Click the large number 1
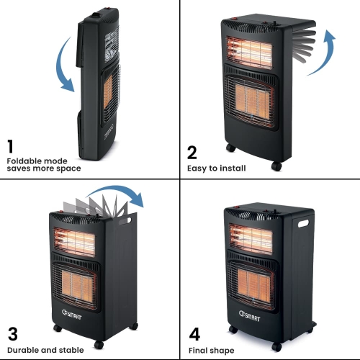pos(10,146)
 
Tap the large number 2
pos(192,153)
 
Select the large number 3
pos(13,334)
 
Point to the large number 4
pos(194,334)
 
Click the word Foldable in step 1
pos(21,161)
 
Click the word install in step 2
pos(233,168)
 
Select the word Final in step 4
pos(196,351)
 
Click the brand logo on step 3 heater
pos(71,315)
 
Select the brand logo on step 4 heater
pos(249,316)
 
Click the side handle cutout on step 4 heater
pos(303,223)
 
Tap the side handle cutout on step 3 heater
pos(125,221)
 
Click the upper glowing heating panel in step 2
pos(249,53)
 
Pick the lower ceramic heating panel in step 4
pos(255,283)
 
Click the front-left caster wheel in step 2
pos(231,148)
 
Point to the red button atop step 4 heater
pos(236,207)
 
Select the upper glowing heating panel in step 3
pos(74,242)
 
